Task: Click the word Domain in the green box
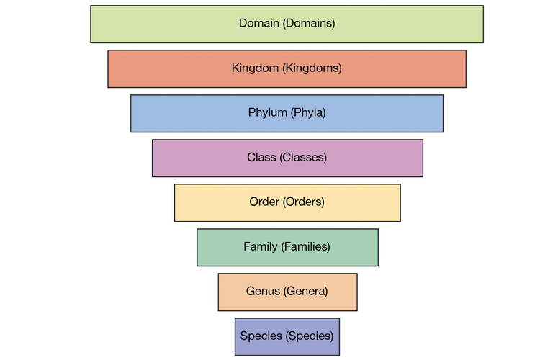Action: (258, 23)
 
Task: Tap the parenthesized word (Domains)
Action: (309, 23)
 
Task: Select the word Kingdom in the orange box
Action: (256, 68)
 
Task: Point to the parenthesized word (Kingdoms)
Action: (312, 68)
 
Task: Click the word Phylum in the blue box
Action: (268, 113)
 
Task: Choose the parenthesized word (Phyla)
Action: (308, 113)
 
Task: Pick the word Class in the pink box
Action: (261, 158)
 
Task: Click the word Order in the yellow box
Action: (264, 202)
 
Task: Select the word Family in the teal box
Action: (260, 247)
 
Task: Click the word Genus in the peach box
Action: (262, 292)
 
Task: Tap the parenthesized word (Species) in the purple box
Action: (310, 336)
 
